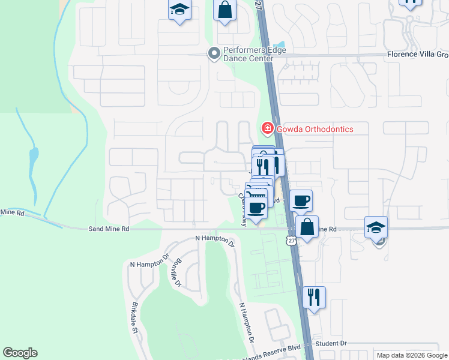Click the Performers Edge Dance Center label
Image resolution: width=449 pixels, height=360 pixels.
pyautogui.click(x=248, y=54)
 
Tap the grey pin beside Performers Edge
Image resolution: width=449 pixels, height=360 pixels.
pyautogui.click(x=213, y=54)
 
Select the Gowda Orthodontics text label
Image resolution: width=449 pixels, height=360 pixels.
pyautogui.click(x=315, y=129)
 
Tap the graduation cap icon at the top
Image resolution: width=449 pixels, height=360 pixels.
pyautogui.click(x=178, y=10)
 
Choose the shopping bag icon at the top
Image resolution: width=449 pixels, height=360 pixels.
pyautogui.click(x=224, y=10)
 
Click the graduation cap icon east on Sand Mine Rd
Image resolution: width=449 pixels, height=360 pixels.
pyautogui.click(x=376, y=227)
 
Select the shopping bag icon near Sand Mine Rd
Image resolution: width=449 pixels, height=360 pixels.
pyautogui.click(x=307, y=227)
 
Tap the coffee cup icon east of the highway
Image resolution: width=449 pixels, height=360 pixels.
pyautogui.click(x=301, y=200)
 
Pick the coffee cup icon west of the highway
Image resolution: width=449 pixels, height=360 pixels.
pyautogui.click(x=257, y=208)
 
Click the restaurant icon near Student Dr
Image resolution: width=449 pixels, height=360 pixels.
pyautogui.click(x=314, y=297)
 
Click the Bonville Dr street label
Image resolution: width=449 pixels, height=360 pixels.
pyautogui.click(x=174, y=274)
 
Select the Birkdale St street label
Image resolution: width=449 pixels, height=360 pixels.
pyautogui.click(x=135, y=322)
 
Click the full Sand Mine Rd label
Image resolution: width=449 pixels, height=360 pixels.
pyautogui.click(x=109, y=229)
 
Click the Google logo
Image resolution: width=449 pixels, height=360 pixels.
pyautogui.click(x=20, y=353)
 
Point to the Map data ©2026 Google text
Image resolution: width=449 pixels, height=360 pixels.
pyautogui.click(x=412, y=355)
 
